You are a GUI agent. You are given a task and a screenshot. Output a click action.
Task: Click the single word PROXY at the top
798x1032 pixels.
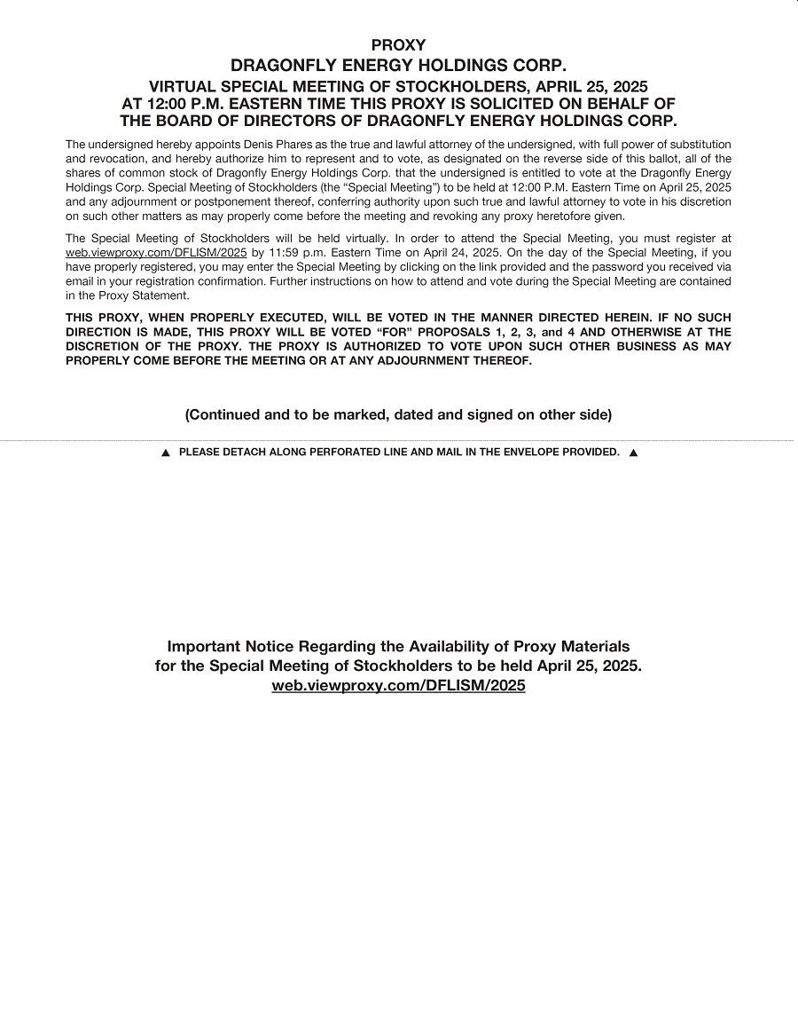(398, 45)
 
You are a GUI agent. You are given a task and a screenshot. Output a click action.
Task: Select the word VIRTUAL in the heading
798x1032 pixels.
(183, 86)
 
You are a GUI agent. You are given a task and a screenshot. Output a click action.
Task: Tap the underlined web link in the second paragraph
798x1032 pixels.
(156, 253)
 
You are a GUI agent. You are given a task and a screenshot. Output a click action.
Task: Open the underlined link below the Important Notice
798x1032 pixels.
(398, 686)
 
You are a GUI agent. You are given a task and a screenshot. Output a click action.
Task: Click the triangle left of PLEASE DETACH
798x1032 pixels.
(165, 453)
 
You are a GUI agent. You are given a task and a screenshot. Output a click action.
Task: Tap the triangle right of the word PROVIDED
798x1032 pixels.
(633, 453)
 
